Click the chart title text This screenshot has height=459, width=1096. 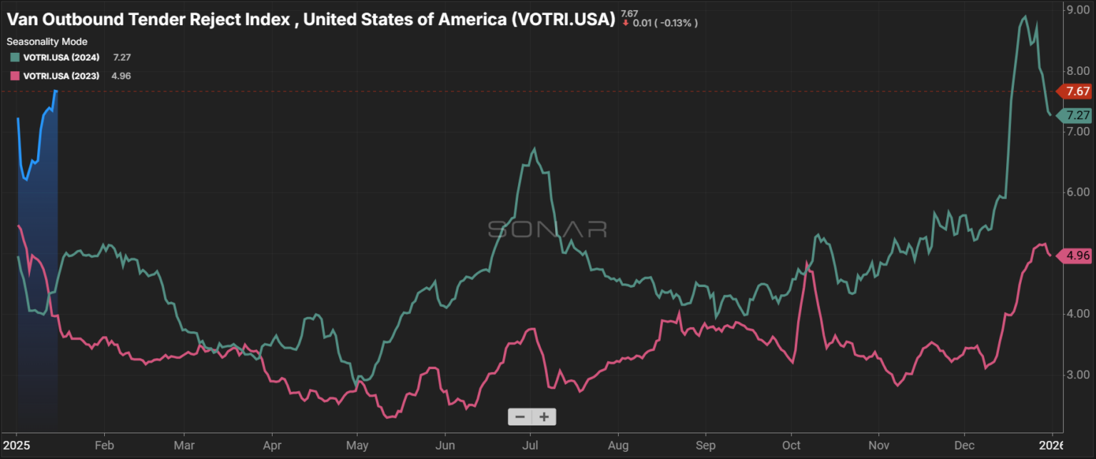pos(310,19)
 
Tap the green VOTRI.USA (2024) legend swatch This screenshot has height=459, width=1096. pos(14,56)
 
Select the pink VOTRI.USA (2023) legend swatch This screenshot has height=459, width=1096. pos(14,76)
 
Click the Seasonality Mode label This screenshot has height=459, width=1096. pos(47,41)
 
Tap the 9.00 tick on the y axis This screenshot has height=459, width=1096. pos(1077,11)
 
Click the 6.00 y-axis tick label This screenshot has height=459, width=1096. pos(1077,193)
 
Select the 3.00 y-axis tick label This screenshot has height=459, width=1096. pos(1077,375)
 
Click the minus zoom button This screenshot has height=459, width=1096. pos(520,417)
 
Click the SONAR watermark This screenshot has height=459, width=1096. pos(547,229)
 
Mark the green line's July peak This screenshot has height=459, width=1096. pos(534,148)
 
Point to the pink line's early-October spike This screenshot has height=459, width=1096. pos(807,263)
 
